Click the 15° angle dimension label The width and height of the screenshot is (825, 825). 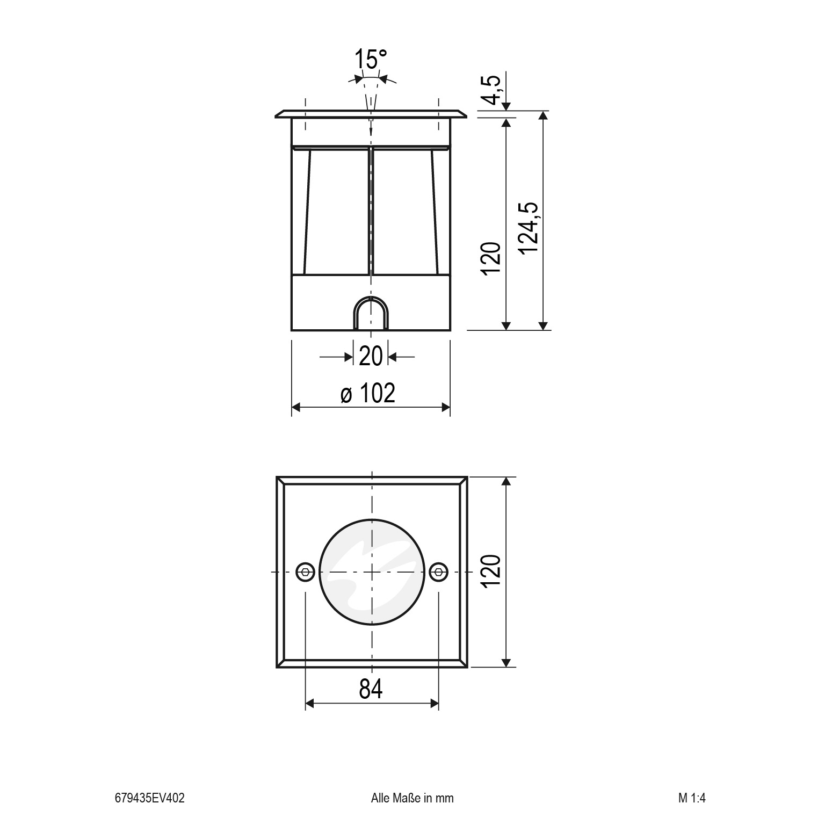(x=371, y=60)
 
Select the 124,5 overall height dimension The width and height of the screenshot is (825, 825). (x=530, y=229)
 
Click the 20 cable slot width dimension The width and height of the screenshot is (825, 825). (x=371, y=357)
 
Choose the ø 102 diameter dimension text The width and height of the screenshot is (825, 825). (x=368, y=394)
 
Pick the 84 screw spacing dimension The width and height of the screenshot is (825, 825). (x=371, y=689)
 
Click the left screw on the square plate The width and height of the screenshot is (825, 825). (x=306, y=573)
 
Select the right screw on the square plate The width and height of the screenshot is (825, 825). (x=439, y=573)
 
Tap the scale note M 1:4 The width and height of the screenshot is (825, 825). (x=691, y=798)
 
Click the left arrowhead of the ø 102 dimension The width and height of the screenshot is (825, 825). (x=295, y=408)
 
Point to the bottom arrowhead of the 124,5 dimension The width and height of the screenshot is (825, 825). (x=544, y=325)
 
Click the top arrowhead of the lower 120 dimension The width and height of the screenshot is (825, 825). (x=505, y=481)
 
